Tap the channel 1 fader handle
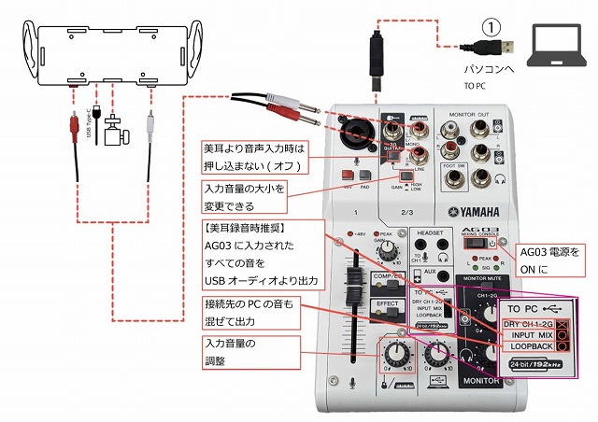[x=355, y=281]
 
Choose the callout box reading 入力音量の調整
[x=249, y=352]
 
